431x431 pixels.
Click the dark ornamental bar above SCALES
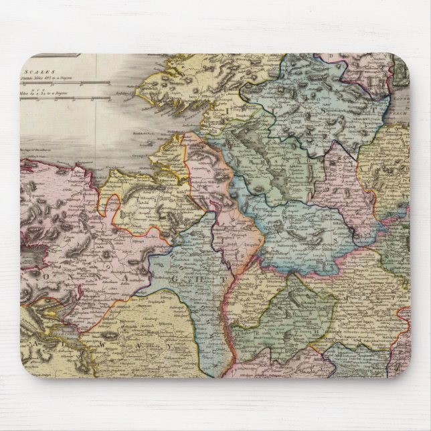(57, 55)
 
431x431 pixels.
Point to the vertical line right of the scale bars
(96, 87)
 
